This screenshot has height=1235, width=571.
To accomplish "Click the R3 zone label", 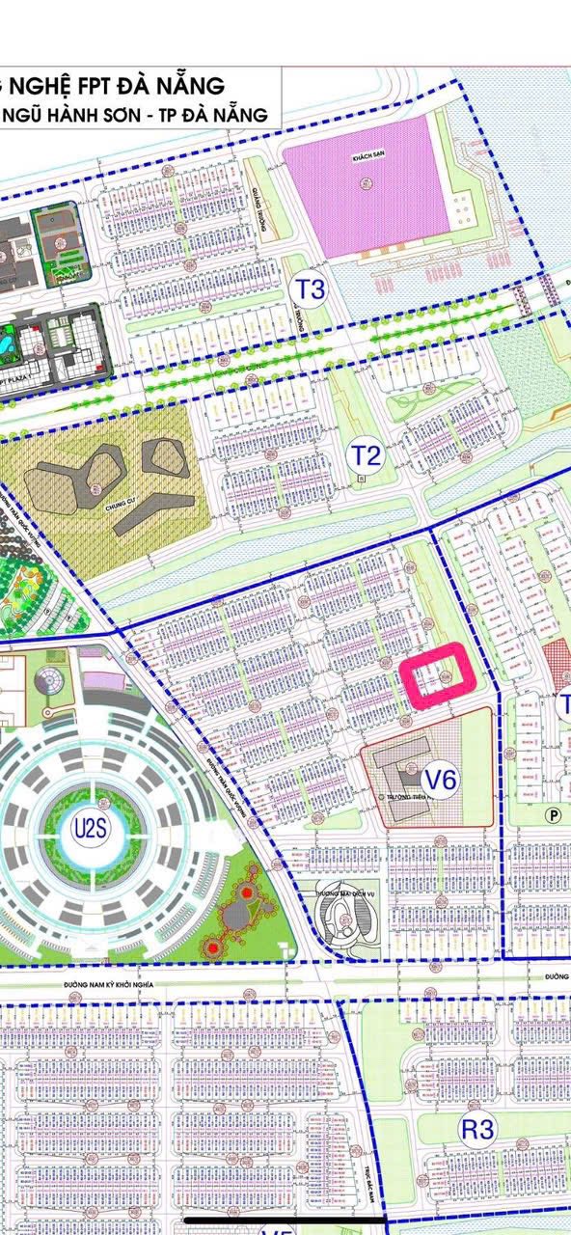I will coord(477,1131).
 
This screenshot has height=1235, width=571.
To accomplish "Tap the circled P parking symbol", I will coord(554,813).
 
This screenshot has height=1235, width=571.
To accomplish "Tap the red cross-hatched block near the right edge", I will coord(557,667).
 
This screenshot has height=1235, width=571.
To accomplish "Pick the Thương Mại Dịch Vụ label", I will coord(328,892).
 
